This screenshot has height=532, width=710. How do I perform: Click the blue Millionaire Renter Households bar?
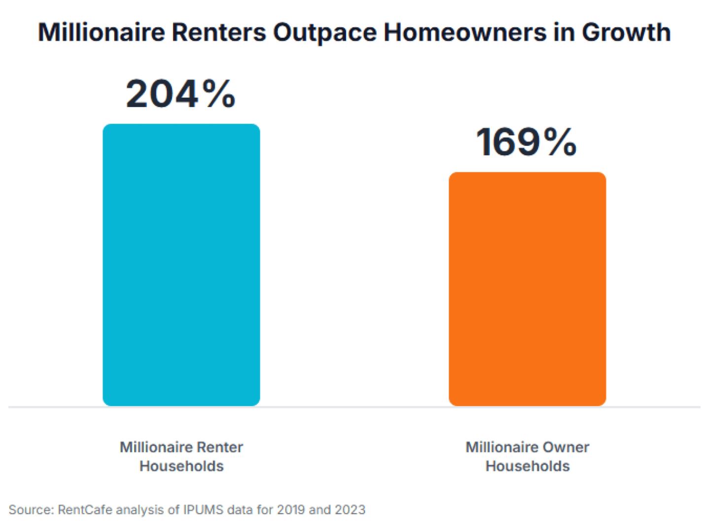pos(181,265)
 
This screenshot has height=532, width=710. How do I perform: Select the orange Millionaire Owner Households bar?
pos(527,289)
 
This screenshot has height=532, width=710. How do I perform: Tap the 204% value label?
pos(180,94)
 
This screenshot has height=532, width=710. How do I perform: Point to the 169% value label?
pos(527,142)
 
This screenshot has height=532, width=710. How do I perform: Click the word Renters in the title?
pos(218,33)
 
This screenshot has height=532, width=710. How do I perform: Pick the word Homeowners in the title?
pos(465,33)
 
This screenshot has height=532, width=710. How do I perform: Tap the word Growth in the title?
pos(626,33)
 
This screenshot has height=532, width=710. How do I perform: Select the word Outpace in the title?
pos(325,33)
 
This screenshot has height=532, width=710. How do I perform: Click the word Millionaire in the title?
pos(101,33)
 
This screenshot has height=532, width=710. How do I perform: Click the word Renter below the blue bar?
pos(220,447)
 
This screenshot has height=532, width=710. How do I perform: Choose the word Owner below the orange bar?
pos(566,447)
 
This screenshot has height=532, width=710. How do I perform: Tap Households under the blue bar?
pos(181,466)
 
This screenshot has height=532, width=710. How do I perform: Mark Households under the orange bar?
pos(528,466)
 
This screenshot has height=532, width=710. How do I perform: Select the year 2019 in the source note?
pos(291,509)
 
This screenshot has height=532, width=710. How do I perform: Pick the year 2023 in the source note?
pos(350,509)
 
